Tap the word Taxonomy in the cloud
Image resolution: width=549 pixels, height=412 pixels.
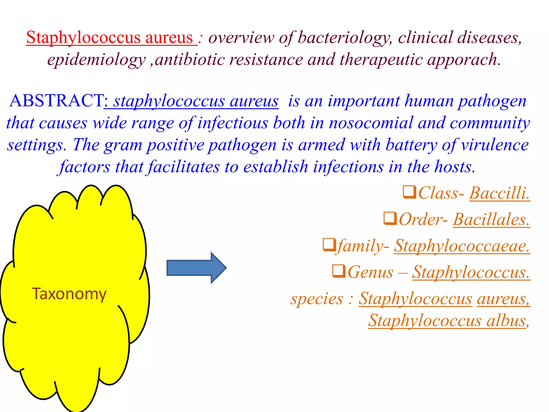coord(69,294)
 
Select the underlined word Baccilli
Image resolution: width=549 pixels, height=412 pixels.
coord(499,193)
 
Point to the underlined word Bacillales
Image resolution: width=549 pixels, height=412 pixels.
coord(491,220)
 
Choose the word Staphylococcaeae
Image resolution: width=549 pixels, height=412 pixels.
coord(462,246)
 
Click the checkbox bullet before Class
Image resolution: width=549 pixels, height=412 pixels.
coord(410,192)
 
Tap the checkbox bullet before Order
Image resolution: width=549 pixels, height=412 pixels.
coord(390,219)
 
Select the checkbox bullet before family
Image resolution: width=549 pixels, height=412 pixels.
coord(329,245)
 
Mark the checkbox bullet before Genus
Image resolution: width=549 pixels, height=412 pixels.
coord(339,271)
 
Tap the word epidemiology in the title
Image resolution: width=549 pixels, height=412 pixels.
coord(97,60)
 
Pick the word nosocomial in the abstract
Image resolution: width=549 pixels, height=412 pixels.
coord(371,123)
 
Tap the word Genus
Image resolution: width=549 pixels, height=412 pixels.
coord(370,272)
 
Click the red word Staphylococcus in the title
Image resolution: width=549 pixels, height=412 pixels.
coord(83,37)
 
